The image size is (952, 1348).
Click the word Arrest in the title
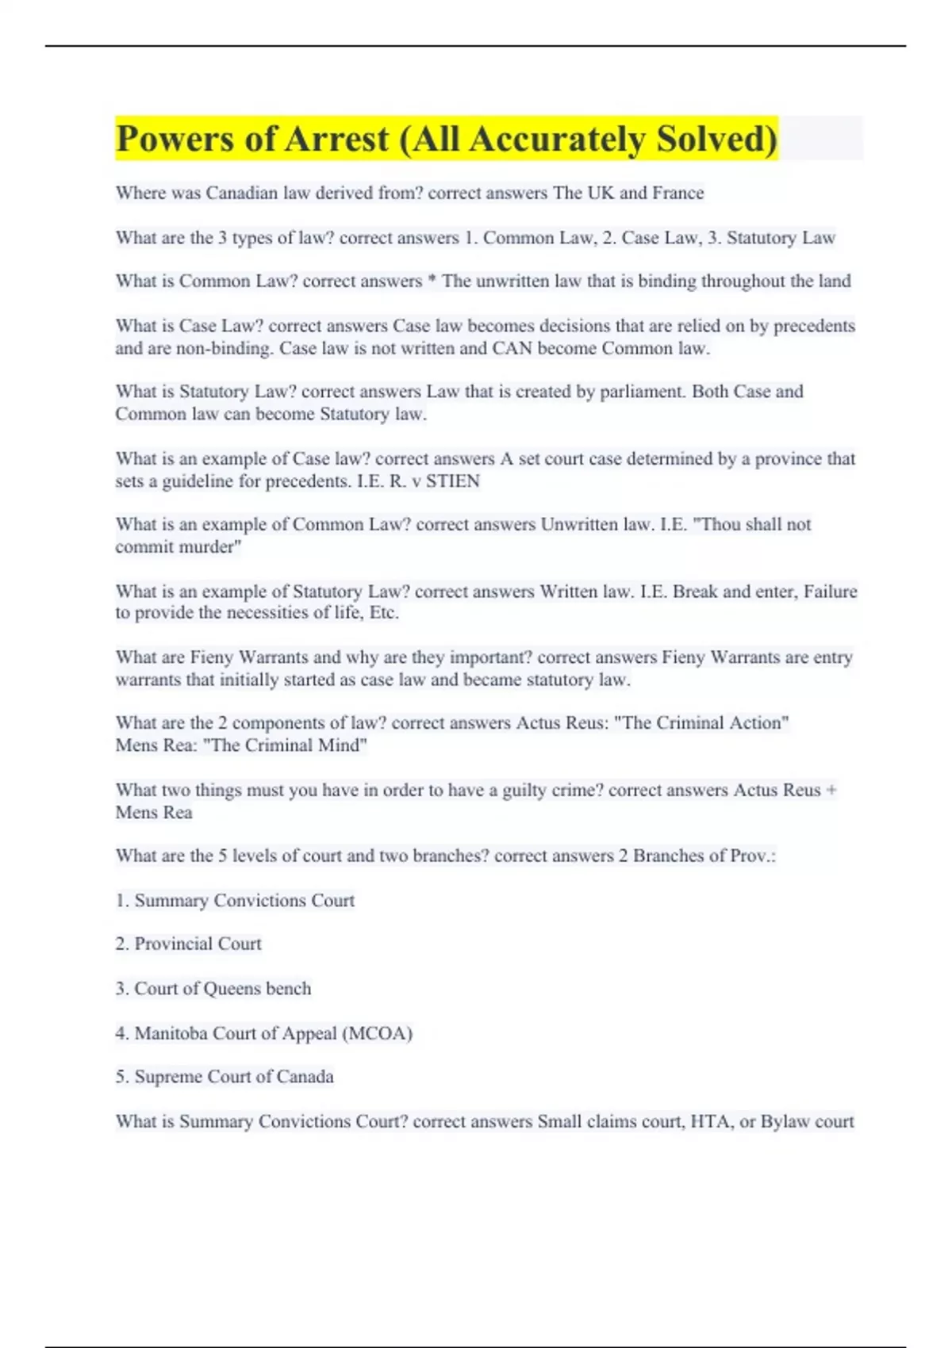[336, 139]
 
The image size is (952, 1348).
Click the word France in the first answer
[678, 193]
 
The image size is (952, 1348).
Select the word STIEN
[453, 481]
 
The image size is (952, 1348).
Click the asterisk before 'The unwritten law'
[432, 281]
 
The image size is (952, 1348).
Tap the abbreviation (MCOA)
[377, 1033]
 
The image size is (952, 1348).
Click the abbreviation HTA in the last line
[712, 1121]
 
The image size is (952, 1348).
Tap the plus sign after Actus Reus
[831, 791]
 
